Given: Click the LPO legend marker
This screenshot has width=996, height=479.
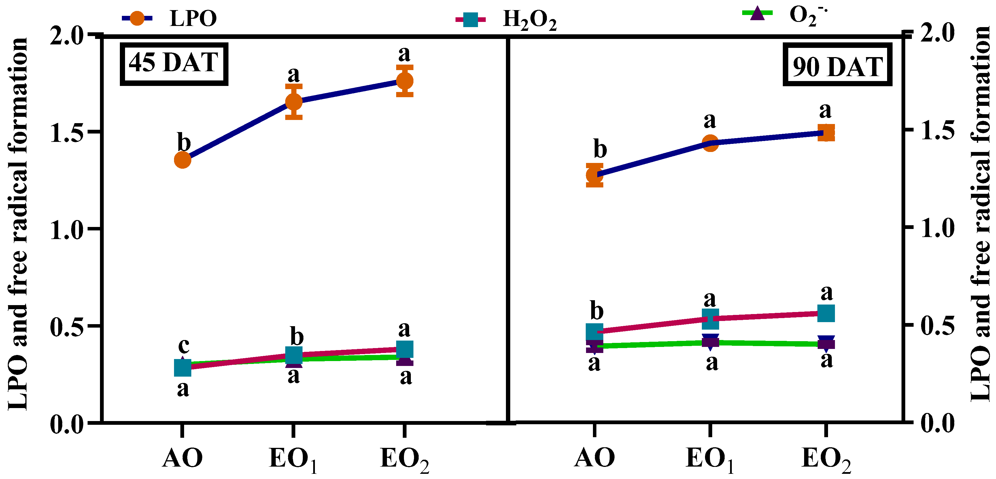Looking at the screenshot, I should click(x=137, y=18).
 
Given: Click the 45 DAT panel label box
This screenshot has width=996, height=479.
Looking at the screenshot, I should click(x=174, y=63).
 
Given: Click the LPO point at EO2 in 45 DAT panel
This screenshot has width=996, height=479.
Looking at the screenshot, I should click(x=405, y=81).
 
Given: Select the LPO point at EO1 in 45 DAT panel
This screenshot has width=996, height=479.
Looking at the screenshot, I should click(x=294, y=102).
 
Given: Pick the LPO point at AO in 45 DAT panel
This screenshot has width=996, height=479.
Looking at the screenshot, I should click(x=182, y=160).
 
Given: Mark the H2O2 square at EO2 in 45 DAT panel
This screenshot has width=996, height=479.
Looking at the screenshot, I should click(x=405, y=349).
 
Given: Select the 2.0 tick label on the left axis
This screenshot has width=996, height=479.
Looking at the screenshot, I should click(x=67, y=37).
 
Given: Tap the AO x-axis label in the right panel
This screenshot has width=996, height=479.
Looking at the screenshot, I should click(x=594, y=458).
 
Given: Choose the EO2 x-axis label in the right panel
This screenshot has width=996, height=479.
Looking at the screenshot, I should click(x=826, y=459).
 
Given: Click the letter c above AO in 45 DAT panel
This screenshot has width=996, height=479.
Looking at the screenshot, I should click(x=183, y=345).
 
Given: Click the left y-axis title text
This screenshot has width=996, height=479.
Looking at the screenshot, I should click(x=18, y=224).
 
